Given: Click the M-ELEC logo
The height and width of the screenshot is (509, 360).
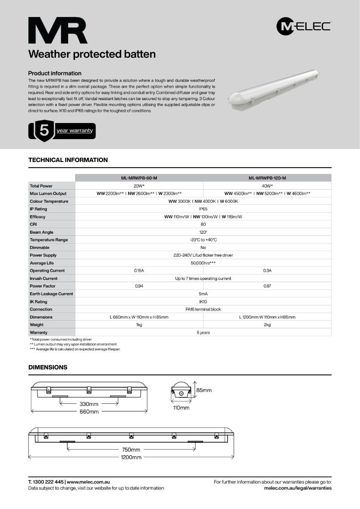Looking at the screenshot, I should tap(304, 27).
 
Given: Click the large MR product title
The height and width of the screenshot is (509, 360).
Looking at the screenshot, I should tap(58, 31).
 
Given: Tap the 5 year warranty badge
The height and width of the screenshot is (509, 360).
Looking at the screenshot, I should tap(62, 131).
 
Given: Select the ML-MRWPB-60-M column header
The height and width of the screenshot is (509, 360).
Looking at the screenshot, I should tap(139, 178).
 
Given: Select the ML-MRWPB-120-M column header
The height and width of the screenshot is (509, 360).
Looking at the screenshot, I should tap(267, 178).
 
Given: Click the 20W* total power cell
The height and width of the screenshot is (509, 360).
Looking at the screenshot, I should tap(139, 186).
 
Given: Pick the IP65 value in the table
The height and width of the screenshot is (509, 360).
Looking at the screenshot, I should tap(203, 209).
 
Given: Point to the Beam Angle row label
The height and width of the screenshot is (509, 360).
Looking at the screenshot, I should tap(42, 232).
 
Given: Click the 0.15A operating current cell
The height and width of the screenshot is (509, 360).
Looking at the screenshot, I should tap(139, 271).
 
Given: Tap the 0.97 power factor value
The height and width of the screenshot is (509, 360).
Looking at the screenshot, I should tap(267, 286).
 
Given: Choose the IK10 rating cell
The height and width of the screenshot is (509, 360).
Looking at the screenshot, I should tap(203, 302).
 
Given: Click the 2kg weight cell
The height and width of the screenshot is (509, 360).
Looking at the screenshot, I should tap(267, 325).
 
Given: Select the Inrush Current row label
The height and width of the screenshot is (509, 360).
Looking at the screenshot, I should tap(44, 279).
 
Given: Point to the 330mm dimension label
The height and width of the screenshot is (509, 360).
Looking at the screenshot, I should tap(89, 404).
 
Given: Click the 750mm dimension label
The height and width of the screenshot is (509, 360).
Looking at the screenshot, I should tap(131, 450).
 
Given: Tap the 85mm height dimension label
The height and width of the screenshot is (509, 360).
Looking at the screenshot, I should tap(204, 390).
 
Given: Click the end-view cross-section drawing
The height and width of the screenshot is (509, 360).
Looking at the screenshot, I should tap(181, 392).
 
